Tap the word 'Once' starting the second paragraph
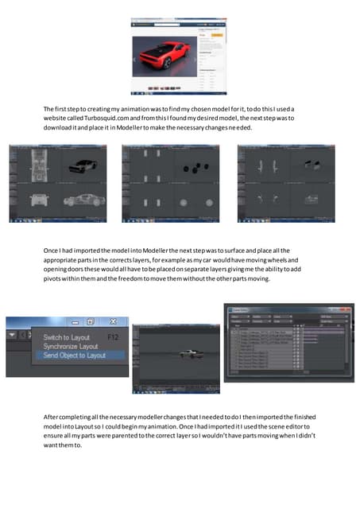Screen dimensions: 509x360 (52, 251)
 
